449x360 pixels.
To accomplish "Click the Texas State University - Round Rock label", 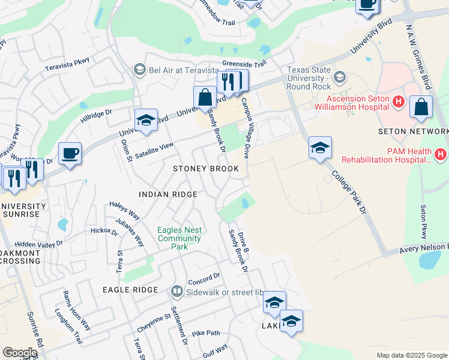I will pos(309,79).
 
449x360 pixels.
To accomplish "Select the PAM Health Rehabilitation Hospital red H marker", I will pos(441,155).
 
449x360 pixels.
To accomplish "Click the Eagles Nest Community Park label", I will pos(179,238).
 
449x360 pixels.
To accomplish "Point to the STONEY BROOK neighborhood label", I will pos(206,169).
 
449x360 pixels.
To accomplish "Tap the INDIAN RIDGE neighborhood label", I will pos(167,194).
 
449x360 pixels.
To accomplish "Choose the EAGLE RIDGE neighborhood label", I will pos(130,289).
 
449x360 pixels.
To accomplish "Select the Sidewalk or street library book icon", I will pos(176,292).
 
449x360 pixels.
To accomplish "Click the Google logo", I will pos(20,353).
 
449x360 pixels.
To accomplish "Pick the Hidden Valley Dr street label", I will pos(38,244).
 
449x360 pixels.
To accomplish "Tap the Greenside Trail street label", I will pos(244,64).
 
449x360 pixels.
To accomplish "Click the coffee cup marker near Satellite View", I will pos(70,154).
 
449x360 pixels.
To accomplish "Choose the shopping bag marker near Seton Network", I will pos(421,107).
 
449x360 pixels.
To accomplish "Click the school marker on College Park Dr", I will pos(320,148).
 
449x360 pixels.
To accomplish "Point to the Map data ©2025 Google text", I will pos(412,355).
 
